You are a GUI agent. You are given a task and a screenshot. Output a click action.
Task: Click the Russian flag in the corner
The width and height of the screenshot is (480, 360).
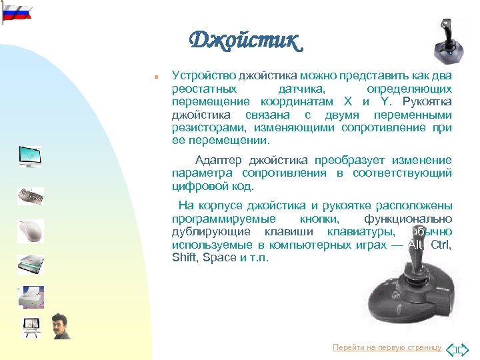[16, 12]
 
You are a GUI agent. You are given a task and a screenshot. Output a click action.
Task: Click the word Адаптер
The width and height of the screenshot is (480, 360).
[219, 160]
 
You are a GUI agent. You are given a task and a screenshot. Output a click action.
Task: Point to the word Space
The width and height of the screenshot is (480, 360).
[220, 257]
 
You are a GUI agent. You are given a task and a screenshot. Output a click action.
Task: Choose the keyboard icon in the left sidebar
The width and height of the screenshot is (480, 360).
[31, 197]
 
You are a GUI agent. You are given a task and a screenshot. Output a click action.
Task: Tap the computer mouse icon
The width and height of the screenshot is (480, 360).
[31, 231]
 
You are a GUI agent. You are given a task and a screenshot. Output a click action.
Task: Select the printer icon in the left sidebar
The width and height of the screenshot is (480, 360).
[31, 297]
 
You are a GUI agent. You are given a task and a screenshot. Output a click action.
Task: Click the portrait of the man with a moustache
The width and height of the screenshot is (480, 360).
[61, 326]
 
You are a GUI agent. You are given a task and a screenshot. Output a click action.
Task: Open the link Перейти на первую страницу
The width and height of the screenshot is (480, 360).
[387, 347]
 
